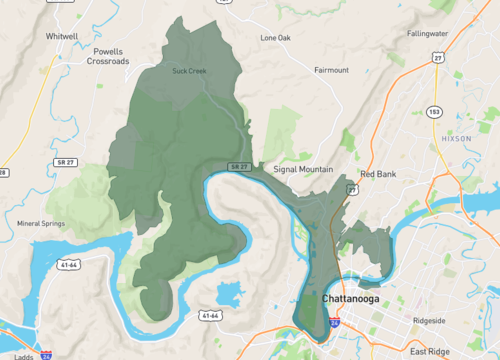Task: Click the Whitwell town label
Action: coord(61,36)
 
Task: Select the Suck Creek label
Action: coord(189,71)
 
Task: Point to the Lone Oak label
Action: coord(275,38)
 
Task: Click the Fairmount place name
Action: coord(331,71)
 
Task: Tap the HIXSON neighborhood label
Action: coord(455,137)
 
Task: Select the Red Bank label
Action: coord(379,174)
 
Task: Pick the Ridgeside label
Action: coord(436,321)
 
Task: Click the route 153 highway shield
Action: coord(433,111)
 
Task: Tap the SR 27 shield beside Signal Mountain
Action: coord(237,164)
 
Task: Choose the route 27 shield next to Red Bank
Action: coord(352,189)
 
